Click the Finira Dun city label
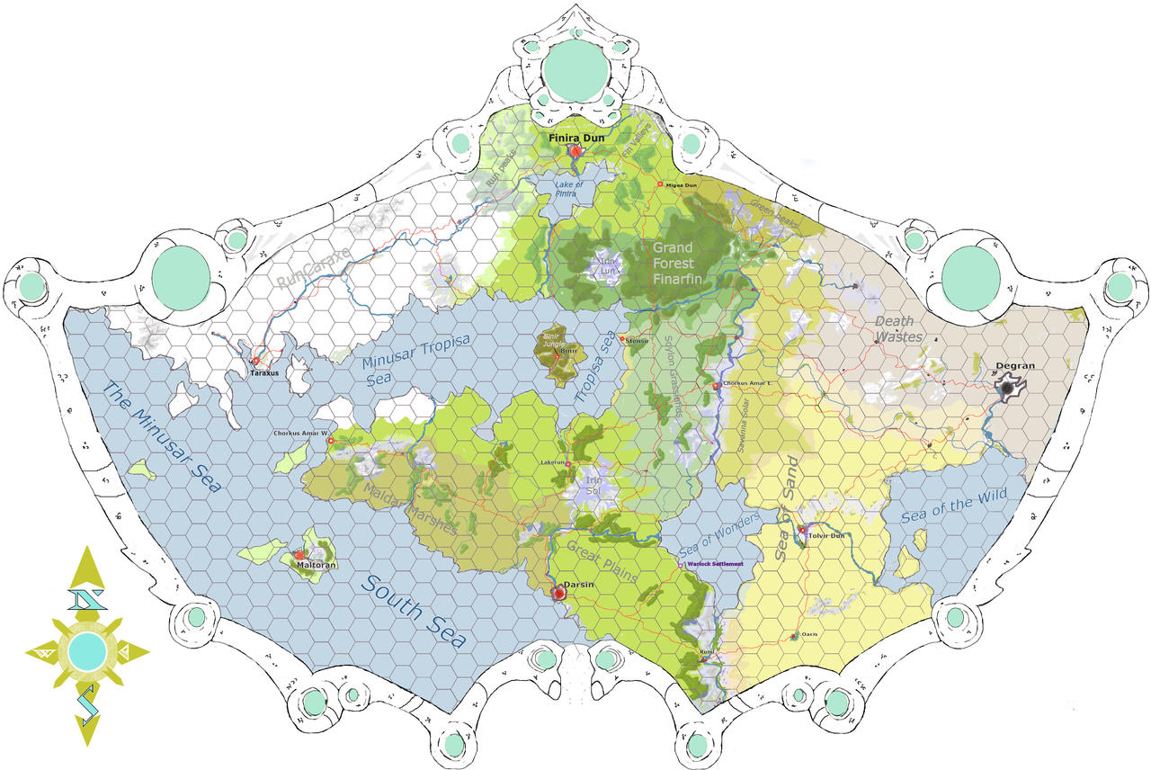(576, 138)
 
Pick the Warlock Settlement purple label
(715, 563)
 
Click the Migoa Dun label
(681, 185)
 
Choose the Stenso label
(636, 340)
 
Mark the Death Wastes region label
(895, 329)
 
